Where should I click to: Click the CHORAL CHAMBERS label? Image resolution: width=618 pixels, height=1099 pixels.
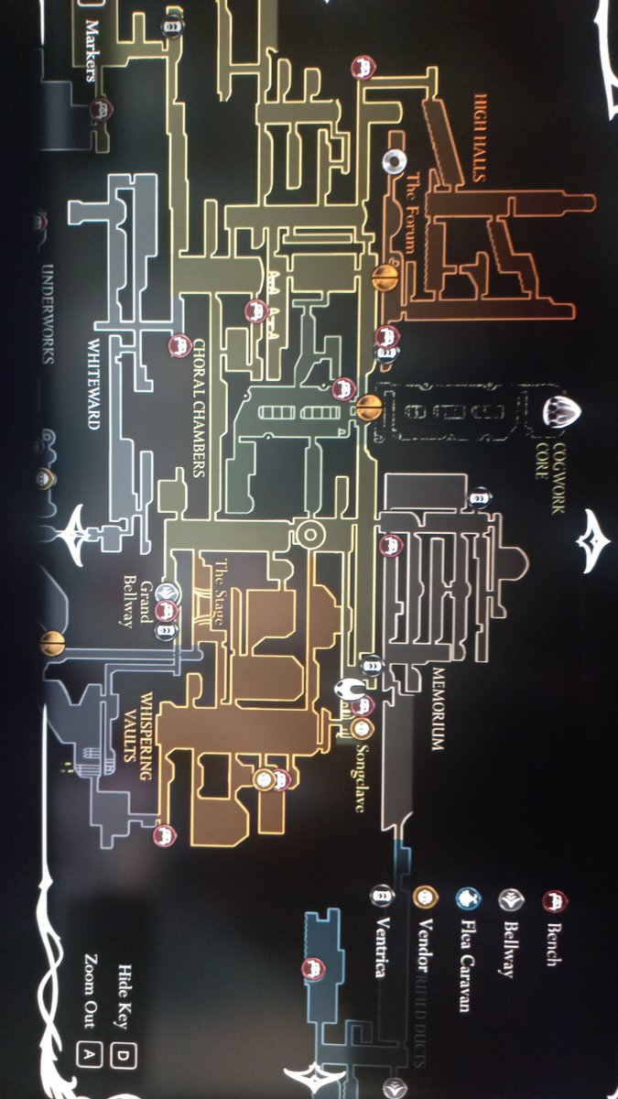(199, 408)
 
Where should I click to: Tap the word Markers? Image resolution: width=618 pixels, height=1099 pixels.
(90, 50)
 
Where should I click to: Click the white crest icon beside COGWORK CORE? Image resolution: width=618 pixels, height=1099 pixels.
(559, 410)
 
